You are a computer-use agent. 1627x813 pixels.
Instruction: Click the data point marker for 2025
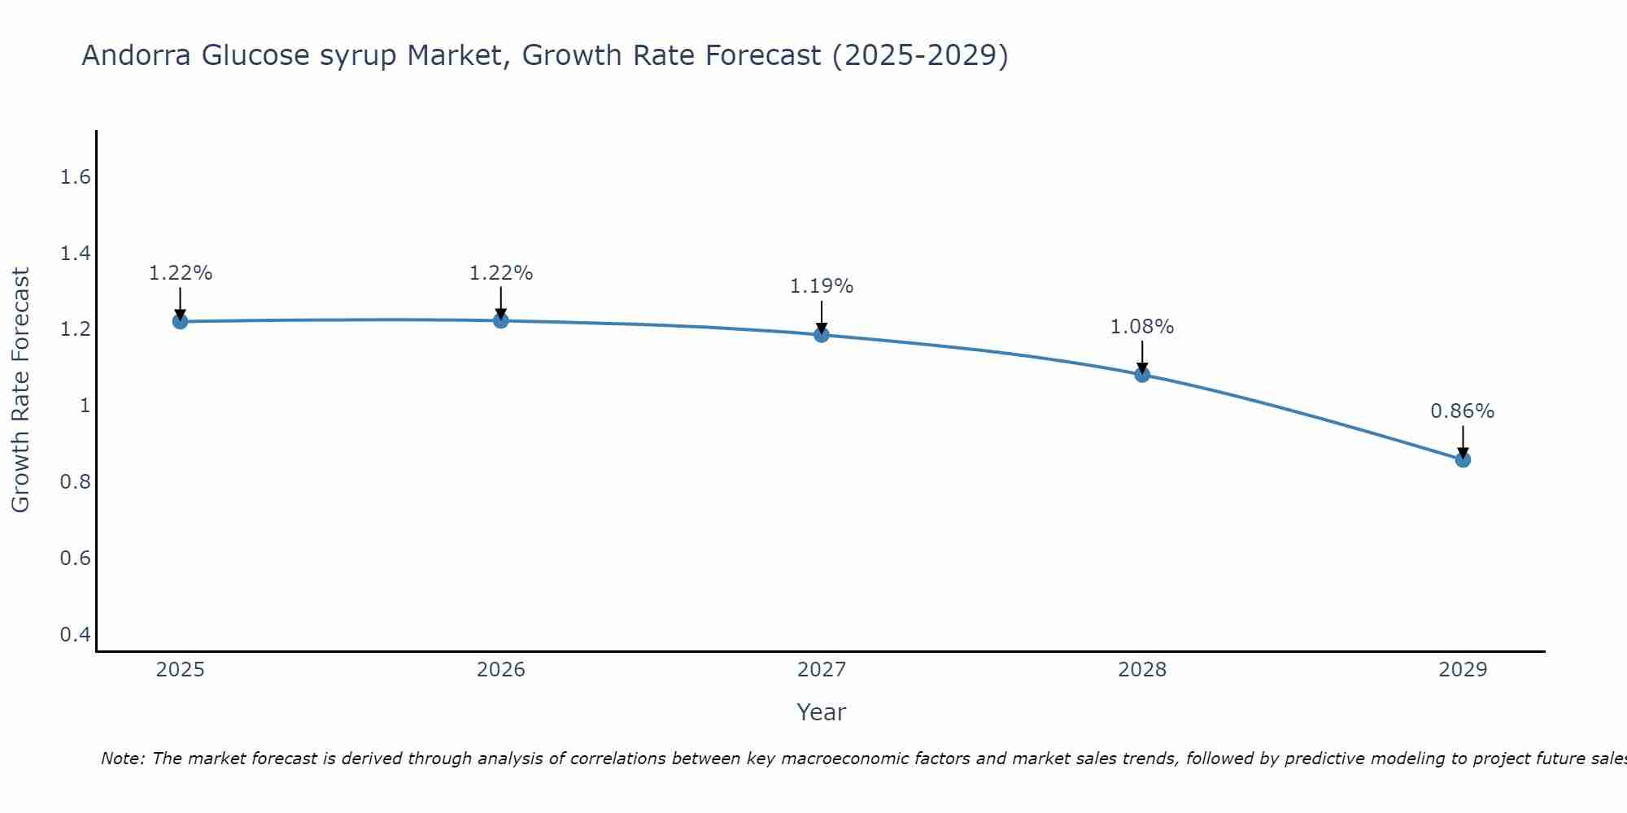click(x=180, y=321)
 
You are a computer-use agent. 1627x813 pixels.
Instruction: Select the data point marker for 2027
click(x=822, y=334)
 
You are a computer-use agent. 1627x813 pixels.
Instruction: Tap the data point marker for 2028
click(x=1142, y=374)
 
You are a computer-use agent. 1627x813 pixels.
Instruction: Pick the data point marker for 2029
click(x=1463, y=459)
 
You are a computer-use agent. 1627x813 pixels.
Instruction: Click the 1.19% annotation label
click(x=822, y=286)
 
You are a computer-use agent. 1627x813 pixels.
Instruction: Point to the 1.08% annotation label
click(x=1142, y=327)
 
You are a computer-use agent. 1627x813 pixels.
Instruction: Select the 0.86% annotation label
click(x=1463, y=411)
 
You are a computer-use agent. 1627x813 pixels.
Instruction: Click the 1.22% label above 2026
click(x=501, y=273)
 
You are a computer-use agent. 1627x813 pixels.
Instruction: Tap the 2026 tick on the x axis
click(x=501, y=670)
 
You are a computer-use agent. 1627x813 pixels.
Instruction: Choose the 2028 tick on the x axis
click(x=1142, y=670)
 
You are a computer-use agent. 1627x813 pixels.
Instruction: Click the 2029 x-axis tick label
click(x=1463, y=670)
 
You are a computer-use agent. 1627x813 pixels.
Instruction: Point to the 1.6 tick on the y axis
click(x=75, y=177)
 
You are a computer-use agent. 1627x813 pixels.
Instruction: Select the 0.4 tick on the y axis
click(x=75, y=634)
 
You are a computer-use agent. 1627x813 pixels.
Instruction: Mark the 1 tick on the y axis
click(x=85, y=406)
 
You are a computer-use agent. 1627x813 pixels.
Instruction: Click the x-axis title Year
click(x=822, y=712)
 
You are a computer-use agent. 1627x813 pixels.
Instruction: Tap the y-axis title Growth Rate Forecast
click(x=20, y=390)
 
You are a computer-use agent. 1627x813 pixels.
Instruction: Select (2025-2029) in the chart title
click(x=920, y=55)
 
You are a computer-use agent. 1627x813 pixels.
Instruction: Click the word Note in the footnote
click(x=121, y=759)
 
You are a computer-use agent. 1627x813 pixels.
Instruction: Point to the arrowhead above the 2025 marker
click(x=180, y=314)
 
